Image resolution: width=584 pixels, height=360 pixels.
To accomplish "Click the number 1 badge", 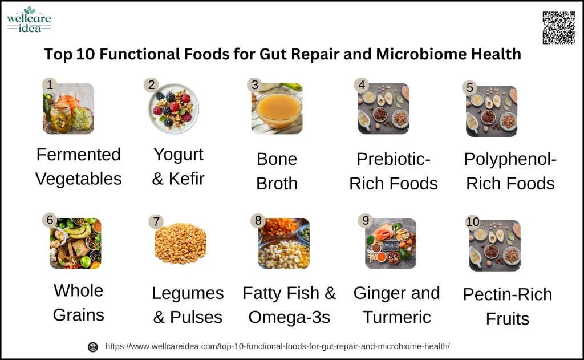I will (x=50, y=85).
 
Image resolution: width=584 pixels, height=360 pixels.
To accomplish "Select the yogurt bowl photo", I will (x=173, y=108).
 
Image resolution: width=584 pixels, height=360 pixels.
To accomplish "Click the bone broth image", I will (x=277, y=108).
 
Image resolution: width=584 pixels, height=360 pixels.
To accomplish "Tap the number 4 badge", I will (x=361, y=85).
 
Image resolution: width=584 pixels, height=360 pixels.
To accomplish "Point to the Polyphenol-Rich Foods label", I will (x=510, y=171).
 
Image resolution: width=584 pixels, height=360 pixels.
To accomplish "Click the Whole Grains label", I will (x=79, y=302).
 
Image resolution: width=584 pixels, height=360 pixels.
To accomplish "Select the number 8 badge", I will (x=258, y=220).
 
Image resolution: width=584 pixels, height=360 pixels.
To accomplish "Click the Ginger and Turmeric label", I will (x=396, y=305).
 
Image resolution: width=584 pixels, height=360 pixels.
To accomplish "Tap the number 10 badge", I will (x=473, y=222).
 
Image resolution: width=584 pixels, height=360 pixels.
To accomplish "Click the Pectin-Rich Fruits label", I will (x=508, y=306).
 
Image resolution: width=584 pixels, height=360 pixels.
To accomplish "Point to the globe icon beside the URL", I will (x=93, y=347).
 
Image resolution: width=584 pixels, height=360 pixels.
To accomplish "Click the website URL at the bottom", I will (x=278, y=346).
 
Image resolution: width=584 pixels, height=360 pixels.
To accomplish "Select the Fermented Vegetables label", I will (x=79, y=167).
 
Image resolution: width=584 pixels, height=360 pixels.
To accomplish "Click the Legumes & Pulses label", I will (x=188, y=305).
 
